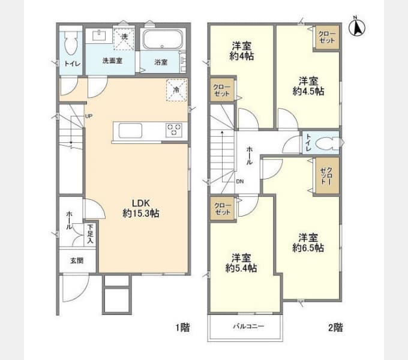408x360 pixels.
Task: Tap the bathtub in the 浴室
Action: (163, 40)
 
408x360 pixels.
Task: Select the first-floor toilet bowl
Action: (71, 43)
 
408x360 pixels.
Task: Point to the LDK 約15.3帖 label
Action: (141, 208)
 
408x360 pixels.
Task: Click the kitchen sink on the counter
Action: (130, 130)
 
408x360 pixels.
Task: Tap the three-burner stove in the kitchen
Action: (174, 130)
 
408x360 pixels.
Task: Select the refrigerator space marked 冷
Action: (176, 90)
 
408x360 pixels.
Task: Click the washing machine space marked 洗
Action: (124, 39)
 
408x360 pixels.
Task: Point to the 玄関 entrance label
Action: (77, 260)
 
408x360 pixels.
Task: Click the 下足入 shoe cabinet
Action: (90, 234)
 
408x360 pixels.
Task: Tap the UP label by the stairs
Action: (89, 116)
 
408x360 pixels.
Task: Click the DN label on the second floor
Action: (240, 182)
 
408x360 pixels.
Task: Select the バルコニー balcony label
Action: (248, 326)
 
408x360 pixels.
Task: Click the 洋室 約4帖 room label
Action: (242, 51)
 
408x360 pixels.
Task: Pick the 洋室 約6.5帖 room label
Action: (308, 242)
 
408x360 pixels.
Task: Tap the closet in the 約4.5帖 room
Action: (328, 37)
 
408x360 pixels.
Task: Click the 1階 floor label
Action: (182, 327)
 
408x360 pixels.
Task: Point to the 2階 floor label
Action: (335, 327)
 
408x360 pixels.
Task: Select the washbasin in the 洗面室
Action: (99, 35)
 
